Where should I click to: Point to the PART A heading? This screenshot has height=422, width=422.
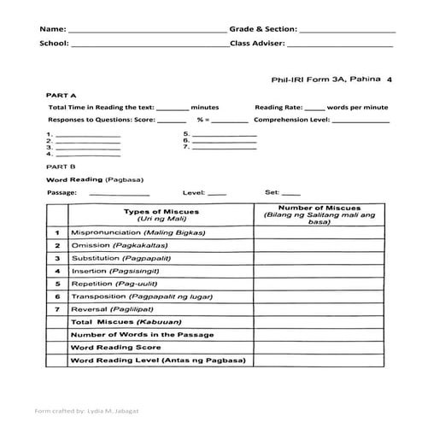coord(62,95)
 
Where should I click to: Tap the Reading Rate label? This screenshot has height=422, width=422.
coord(278,108)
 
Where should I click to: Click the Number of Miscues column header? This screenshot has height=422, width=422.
coord(319,214)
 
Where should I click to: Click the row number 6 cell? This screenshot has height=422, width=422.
coord(56,296)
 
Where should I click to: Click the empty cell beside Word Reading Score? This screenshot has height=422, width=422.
coord(319,348)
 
